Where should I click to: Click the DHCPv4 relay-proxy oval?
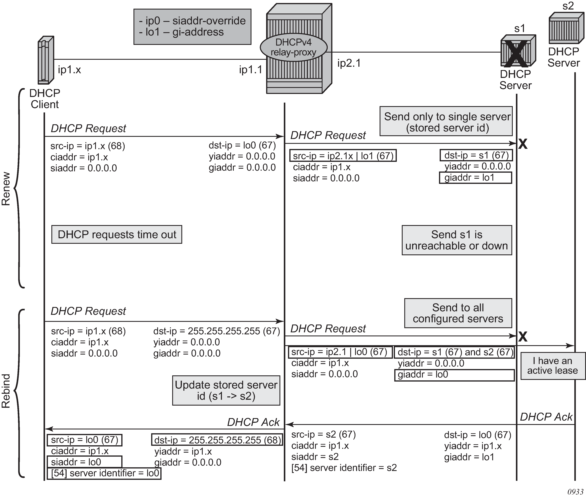(x=293, y=47)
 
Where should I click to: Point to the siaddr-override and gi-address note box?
(x=192, y=27)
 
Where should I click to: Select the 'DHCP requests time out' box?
(x=117, y=234)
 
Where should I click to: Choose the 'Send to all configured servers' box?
(x=458, y=313)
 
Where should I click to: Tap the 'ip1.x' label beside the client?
(x=69, y=70)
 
